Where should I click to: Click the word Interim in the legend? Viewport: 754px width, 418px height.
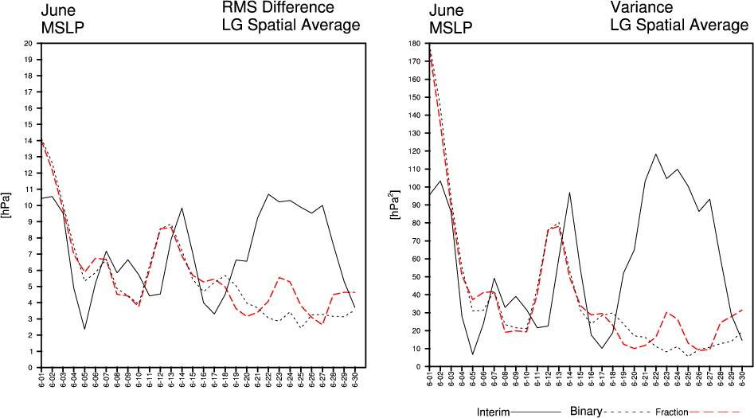click(494, 412)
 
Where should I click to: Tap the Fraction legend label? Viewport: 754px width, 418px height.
click(671, 412)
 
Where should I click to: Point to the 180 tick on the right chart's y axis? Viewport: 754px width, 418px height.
click(413, 43)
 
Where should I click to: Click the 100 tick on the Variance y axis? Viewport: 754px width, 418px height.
click(413, 187)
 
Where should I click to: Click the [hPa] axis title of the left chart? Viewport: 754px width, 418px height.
click(7, 205)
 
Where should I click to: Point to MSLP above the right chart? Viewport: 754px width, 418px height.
click(450, 29)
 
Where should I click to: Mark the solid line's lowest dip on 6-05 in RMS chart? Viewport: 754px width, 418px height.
click(85, 329)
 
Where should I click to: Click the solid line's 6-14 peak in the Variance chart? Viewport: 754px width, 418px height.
click(569, 193)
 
